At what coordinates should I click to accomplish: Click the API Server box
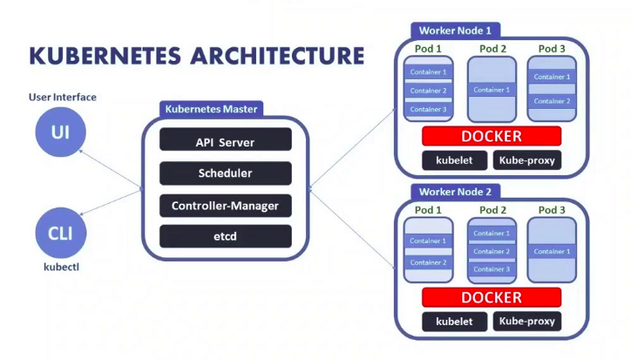[226, 139]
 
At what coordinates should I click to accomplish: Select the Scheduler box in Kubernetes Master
[226, 173]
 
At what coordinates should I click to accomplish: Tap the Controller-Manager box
[226, 206]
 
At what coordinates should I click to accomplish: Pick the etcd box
[226, 236]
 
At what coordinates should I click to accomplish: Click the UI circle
[60, 132]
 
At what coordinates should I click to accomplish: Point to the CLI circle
[61, 233]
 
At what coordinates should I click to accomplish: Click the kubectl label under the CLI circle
[62, 267]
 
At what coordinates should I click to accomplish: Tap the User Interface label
[63, 97]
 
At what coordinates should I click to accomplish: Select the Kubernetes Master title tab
[211, 109]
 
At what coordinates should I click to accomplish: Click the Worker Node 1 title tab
[455, 31]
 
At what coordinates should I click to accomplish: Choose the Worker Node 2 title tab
[455, 192]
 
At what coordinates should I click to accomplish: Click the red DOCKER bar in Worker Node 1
[492, 136]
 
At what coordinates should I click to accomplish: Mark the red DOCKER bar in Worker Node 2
[492, 297]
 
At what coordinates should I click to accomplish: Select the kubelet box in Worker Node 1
[454, 160]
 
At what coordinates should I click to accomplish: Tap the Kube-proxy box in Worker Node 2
[526, 322]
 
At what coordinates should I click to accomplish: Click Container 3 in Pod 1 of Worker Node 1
[428, 109]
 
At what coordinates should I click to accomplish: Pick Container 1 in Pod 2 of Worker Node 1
[492, 90]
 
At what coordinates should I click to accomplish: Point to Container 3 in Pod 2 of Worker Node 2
[492, 269]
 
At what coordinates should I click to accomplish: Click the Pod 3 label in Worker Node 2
[552, 210]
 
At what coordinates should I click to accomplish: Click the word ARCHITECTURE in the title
[277, 56]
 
